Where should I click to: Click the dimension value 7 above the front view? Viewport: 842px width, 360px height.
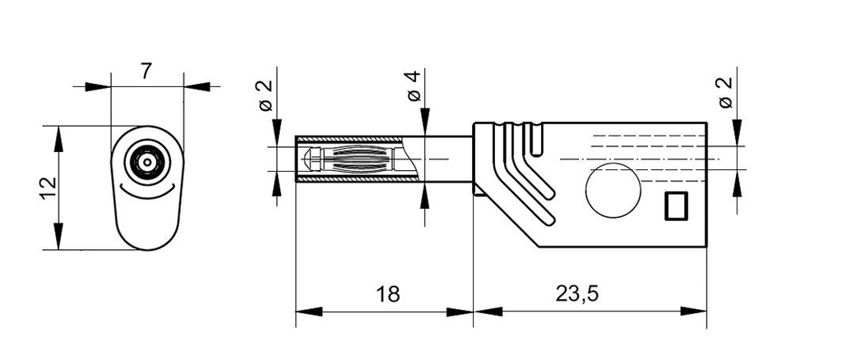pyautogui.click(x=146, y=72)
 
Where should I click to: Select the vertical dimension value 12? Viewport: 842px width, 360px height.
pyautogui.click(x=48, y=187)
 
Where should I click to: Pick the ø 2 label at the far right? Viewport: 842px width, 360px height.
pyautogui.click(x=725, y=92)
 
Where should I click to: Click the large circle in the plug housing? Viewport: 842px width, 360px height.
pyautogui.click(x=613, y=190)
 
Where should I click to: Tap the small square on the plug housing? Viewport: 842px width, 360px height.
pyautogui.click(x=675, y=205)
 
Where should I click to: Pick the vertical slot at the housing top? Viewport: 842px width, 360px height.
pyautogui.click(x=537, y=141)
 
